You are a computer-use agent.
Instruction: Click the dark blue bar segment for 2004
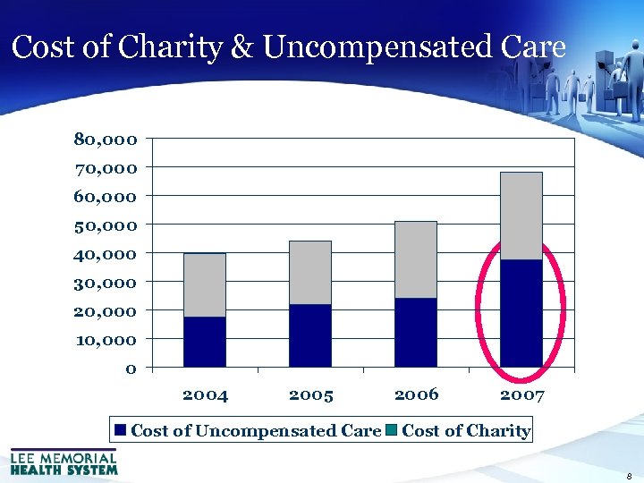click(x=205, y=342)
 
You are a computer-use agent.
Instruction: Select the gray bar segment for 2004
click(x=205, y=285)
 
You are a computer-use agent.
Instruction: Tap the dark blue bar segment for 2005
click(x=310, y=335)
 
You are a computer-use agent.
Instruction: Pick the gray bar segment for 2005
click(x=310, y=273)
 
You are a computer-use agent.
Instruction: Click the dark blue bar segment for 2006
click(x=416, y=332)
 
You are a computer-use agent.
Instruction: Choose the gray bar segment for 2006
click(x=416, y=259)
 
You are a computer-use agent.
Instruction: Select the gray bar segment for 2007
click(x=521, y=216)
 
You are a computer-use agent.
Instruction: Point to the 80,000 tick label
click(x=106, y=140)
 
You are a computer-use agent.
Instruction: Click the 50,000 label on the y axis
click(x=106, y=225)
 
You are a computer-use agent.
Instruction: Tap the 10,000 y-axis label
click(x=106, y=340)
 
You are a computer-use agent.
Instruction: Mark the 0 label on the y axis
click(x=131, y=369)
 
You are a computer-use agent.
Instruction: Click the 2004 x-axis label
click(x=205, y=394)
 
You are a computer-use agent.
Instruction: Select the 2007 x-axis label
click(x=522, y=394)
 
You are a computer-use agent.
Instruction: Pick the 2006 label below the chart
click(x=416, y=394)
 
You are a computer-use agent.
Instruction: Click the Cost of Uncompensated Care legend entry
click(x=248, y=430)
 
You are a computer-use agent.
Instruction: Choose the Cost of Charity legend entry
click(x=459, y=430)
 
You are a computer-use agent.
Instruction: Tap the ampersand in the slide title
click(x=241, y=47)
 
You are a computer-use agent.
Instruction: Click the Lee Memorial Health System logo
click(x=64, y=462)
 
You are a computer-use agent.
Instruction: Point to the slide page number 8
click(x=630, y=476)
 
